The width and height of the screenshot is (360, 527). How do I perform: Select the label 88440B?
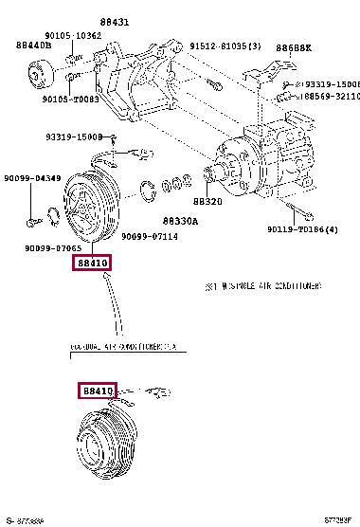point(34,45)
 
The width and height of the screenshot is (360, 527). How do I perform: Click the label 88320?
point(207,202)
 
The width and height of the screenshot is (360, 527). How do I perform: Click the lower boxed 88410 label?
point(96,390)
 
